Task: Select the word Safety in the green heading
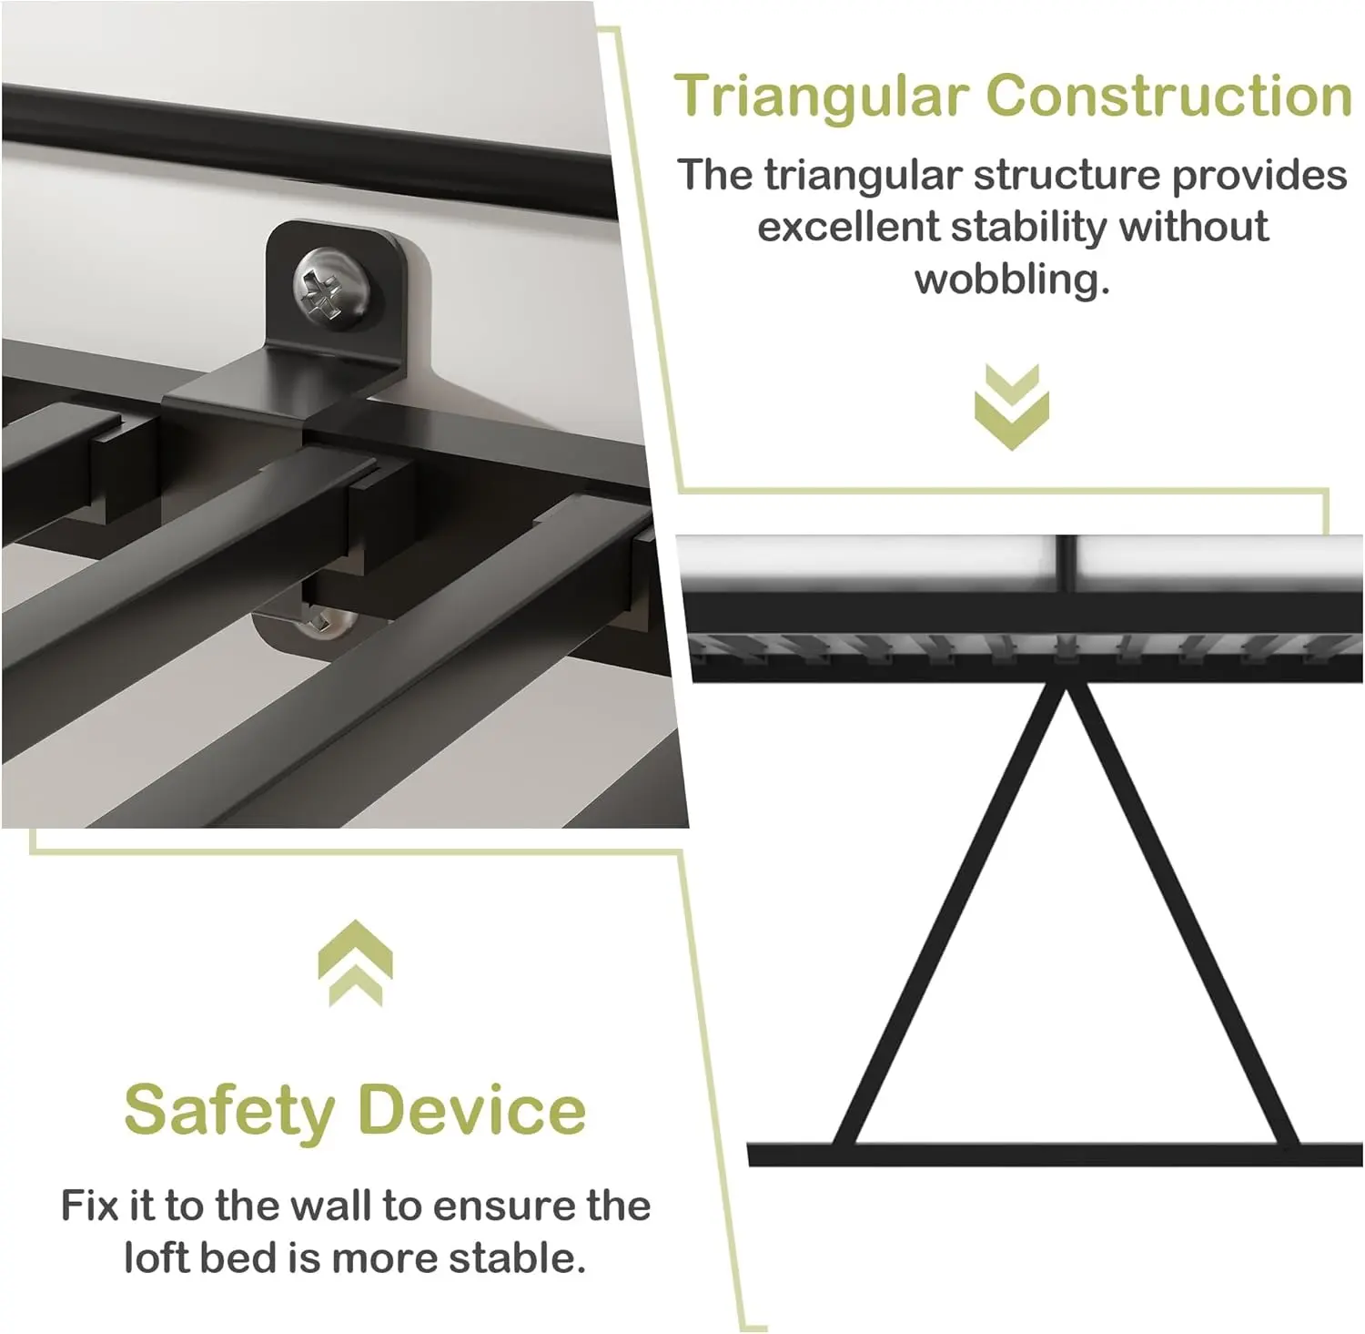tap(229, 1111)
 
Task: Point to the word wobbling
tap(1012, 279)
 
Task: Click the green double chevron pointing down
tap(1012, 406)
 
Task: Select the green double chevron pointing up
tap(356, 963)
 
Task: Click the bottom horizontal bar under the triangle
tap(1056, 1155)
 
